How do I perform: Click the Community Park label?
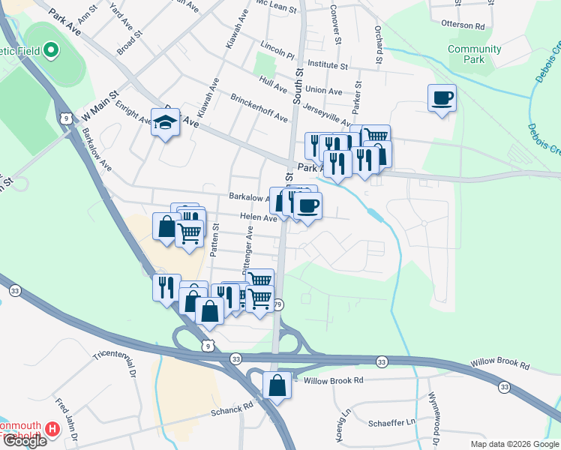tap(474, 54)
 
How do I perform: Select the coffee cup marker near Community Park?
tap(442, 97)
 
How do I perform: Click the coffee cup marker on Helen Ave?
tap(307, 205)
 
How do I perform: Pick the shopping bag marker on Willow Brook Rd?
tap(277, 386)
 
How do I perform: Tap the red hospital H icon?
tap(52, 429)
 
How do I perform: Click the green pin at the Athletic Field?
tap(50, 51)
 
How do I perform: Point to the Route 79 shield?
tap(278, 304)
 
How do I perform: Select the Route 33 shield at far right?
tap(504, 387)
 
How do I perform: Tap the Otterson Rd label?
tap(479, 25)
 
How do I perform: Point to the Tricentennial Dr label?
tap(114, 363)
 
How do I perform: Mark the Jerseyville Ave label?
tap(327, 113)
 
